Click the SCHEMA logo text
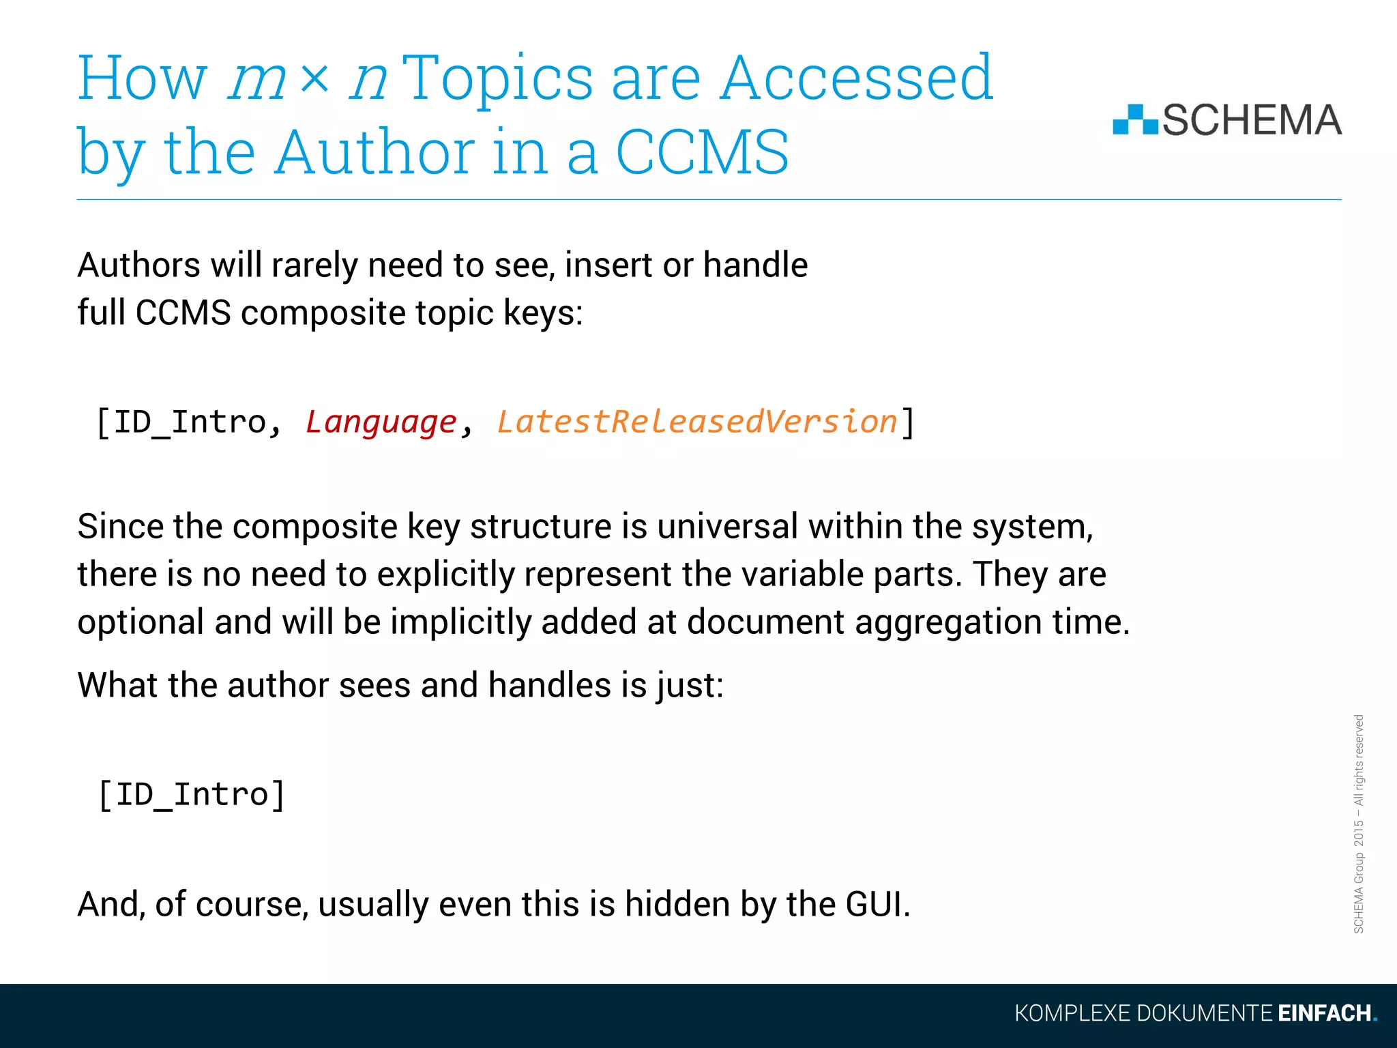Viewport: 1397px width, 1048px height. point(1252,121)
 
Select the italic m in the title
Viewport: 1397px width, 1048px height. point(256,81)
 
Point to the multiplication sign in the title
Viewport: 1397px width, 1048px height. point(314,79)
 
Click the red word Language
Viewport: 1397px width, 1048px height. point(381,422)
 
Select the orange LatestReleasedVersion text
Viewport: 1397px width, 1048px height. point(696,422)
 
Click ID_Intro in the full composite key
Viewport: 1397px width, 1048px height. point(189,422)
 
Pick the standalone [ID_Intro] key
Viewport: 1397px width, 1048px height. point(192,795)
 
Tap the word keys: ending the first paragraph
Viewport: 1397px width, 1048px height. point(543,313)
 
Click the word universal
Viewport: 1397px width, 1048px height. point(727,527)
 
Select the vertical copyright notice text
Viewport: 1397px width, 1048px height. point(1358,824)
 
